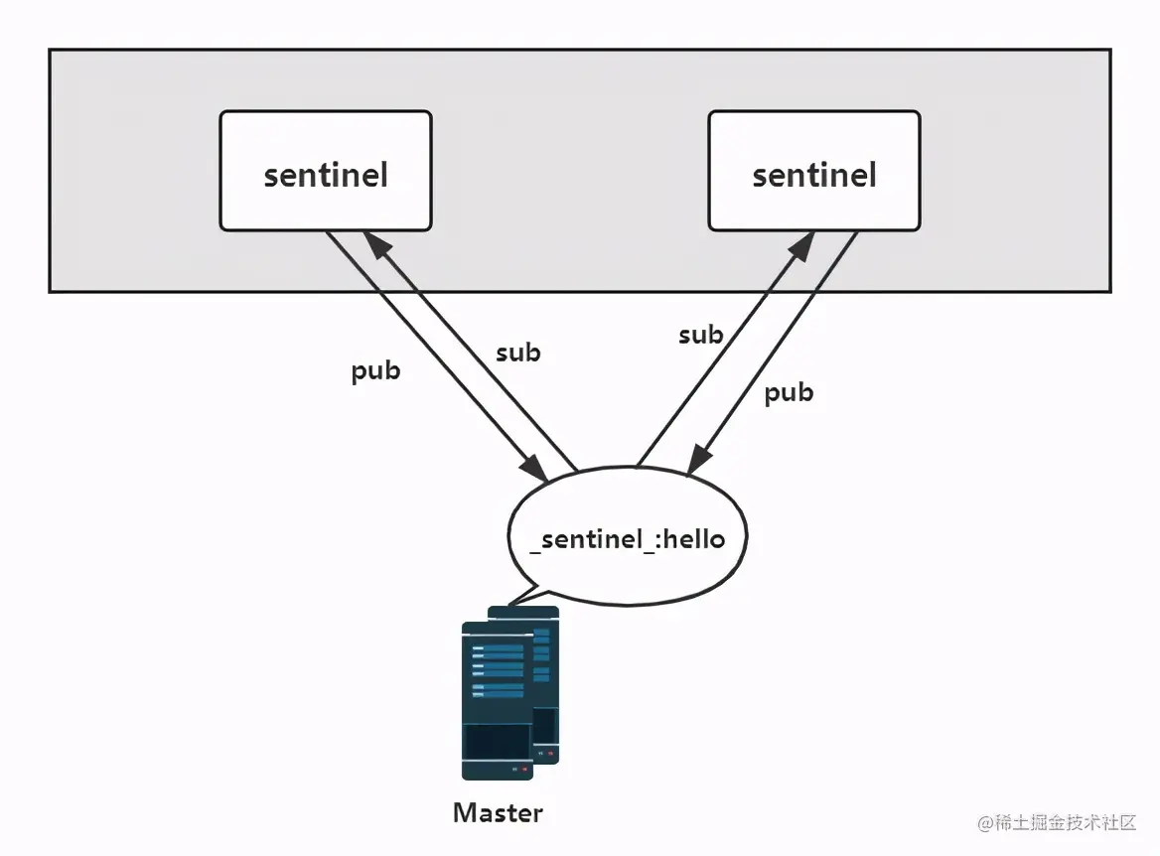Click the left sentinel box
coord(326,171)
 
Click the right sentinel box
coord(814,171)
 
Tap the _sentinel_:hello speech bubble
coord(627,536)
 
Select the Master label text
coord(498,813)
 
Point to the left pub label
coord(375,371)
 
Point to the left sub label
coord(518,352)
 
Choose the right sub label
coord(701,336)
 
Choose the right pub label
coord(789,392)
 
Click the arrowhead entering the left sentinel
coord(373,243)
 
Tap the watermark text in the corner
coord(1057,823)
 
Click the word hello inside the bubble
coord(693,539)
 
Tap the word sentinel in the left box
coord(326,176)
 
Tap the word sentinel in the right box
coord(814,176)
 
